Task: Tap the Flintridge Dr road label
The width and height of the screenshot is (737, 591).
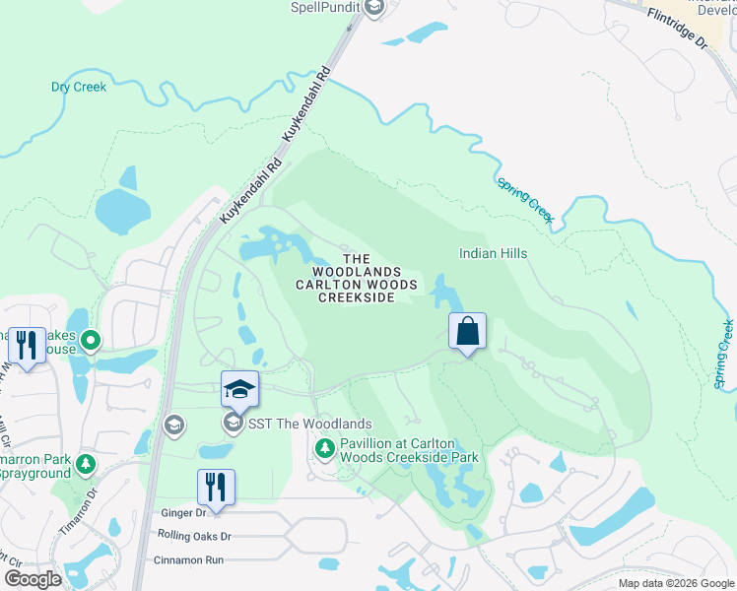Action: pos(679,30)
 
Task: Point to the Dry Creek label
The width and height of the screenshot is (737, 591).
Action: pos(79,87)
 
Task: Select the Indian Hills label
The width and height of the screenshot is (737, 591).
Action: pos(493,253)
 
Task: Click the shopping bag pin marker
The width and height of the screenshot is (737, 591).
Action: pos(468,332)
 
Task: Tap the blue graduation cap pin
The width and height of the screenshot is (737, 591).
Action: pos(239,390)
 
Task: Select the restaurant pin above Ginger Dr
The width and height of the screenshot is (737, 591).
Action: pos(216,487)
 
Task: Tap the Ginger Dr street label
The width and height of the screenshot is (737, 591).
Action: pos(181,513)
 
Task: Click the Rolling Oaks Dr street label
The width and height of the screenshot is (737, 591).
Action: pos(194,537)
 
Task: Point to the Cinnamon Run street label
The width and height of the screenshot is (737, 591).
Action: pos(188,559)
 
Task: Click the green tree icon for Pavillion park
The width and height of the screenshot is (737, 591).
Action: pos(324,449)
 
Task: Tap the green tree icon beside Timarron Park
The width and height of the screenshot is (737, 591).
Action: pos(86,462)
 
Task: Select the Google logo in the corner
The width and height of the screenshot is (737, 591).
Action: pos(33,579)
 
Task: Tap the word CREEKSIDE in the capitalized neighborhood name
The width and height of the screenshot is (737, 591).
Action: pos(356,298)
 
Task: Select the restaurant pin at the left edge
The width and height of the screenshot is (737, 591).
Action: pos(27,345)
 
